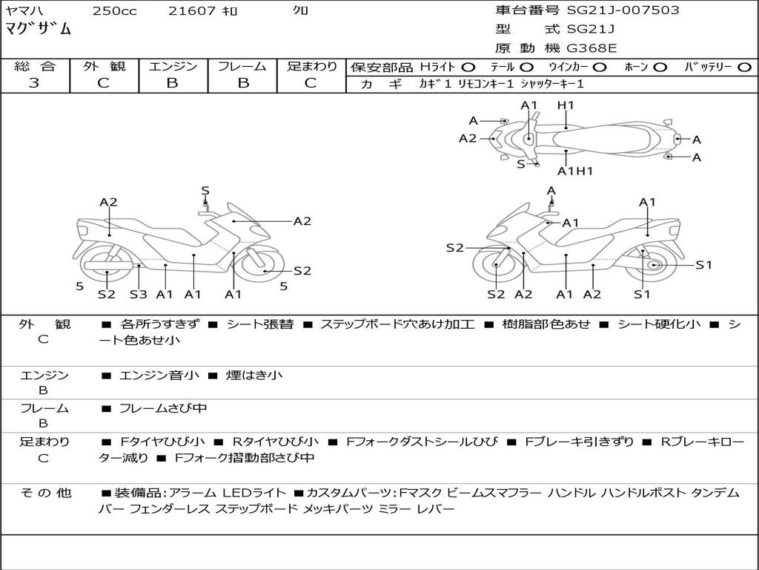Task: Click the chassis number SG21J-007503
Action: (x=623, y=10)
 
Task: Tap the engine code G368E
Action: (x=591, y=49)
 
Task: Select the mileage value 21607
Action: (x=192, y=11)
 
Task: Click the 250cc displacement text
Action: (x=114, y=11)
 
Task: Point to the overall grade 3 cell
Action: (x=34, y=83)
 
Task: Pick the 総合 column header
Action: (x=34, y=67)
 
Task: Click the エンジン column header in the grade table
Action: (x=173, y=67)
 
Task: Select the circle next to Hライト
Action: (x=468, y=68)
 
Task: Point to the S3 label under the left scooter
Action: (x=138, y=295)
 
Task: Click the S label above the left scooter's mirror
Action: (x=205, y=191)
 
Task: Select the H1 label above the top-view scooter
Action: (x=566, y=105)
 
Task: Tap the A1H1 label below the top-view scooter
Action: (x=575, y=171)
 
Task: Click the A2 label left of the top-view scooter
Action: (x=468, y=138)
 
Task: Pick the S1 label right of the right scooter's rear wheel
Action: (x=703, y=265)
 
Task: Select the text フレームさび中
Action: (x=163, y=408)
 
